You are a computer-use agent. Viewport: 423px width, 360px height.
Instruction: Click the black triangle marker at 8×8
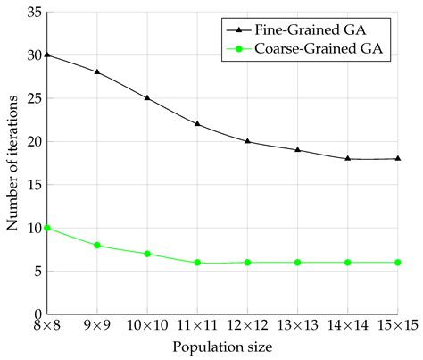point(46,54)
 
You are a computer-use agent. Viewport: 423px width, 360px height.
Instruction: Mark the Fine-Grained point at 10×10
point(147,97)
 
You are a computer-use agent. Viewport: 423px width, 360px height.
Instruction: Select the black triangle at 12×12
point(247,141)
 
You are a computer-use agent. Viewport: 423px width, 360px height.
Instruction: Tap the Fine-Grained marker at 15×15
point(398,158)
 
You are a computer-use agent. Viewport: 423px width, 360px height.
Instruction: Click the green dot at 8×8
point(46,228)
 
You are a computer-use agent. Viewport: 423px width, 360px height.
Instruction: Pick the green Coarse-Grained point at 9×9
point(96,245)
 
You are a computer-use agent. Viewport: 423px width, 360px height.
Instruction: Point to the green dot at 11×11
point(197,263)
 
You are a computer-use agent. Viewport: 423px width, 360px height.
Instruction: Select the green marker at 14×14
point(348,263)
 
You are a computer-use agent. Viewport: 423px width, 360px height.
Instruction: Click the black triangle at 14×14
point(348,158)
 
